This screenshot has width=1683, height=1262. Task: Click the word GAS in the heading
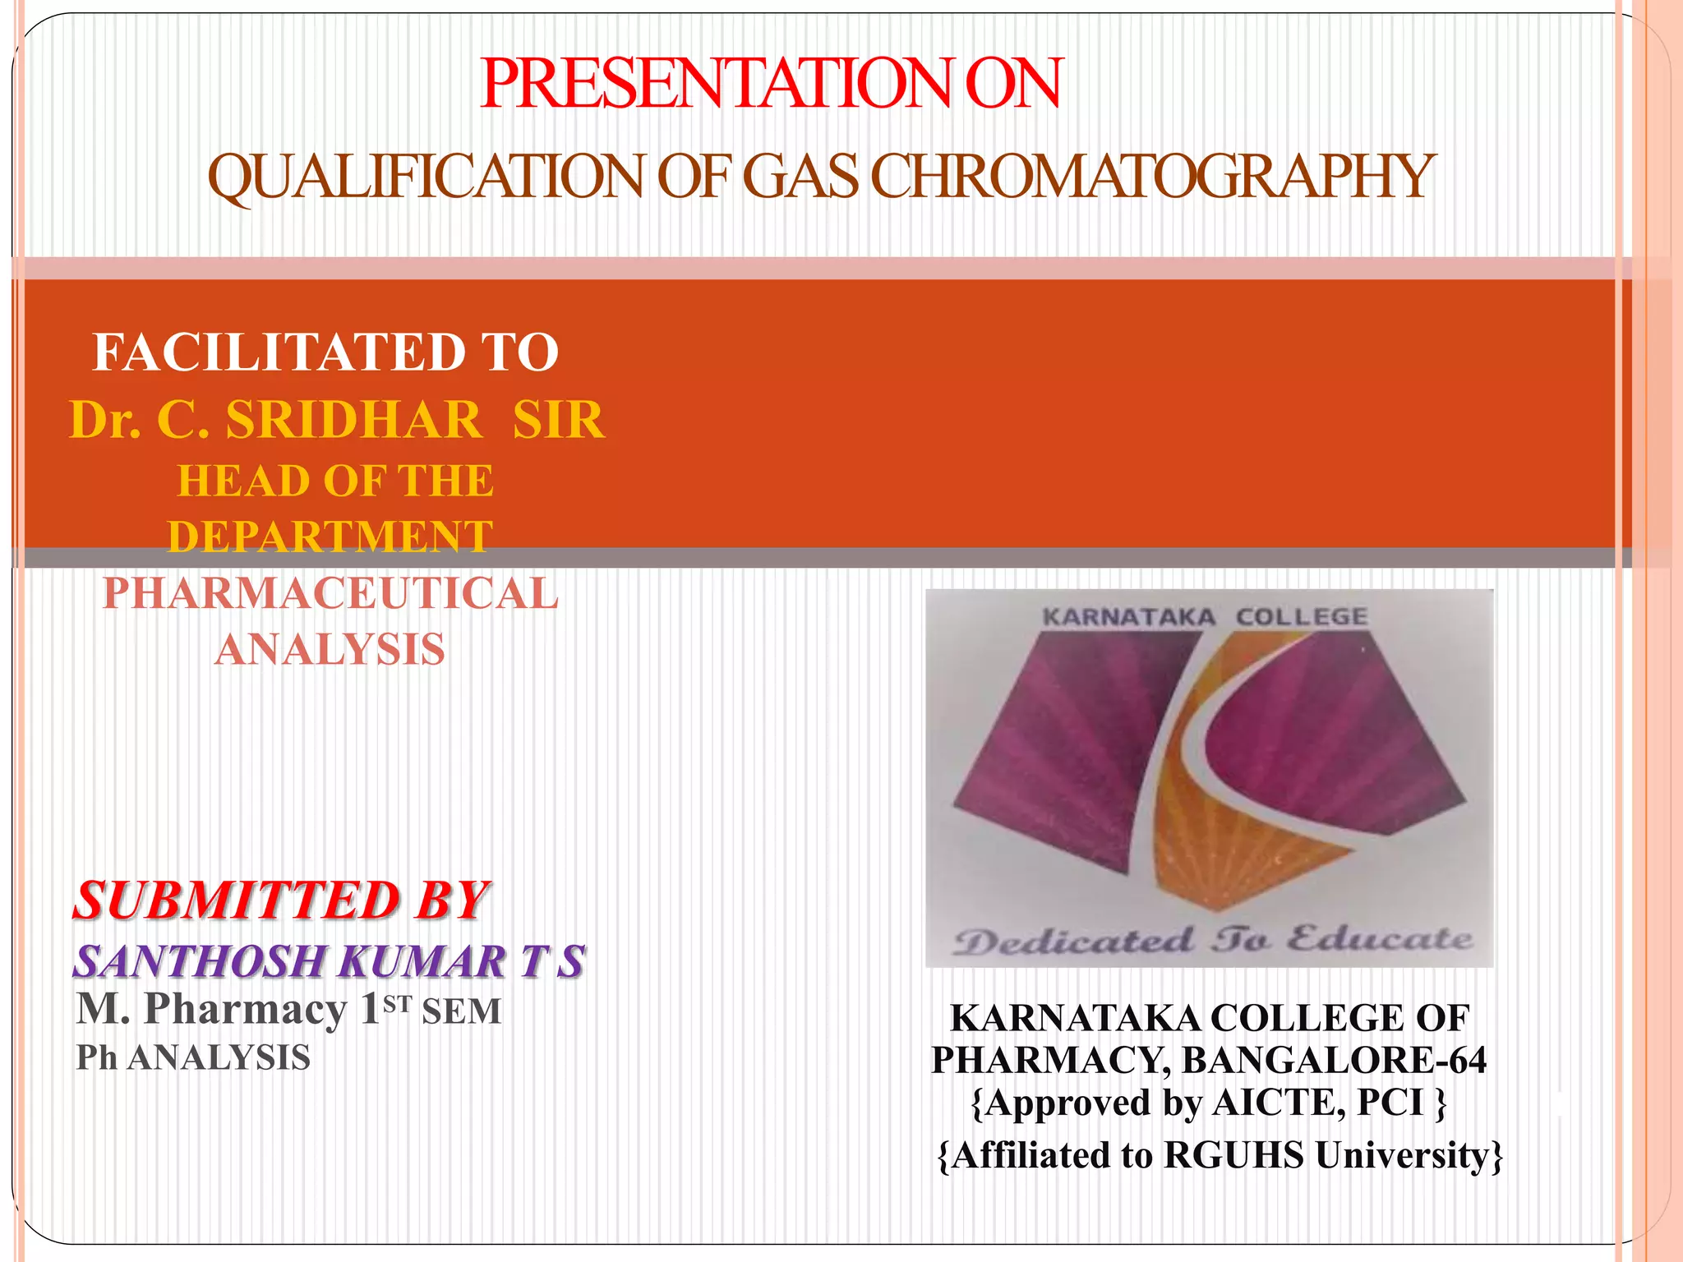tap(800, 177)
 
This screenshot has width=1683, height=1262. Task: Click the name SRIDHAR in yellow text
tap(354, 420)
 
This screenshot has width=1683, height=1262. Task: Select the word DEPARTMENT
tap(330, 537)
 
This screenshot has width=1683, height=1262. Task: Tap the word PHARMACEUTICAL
tap(330, 593)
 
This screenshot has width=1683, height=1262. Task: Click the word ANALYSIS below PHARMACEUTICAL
tap(330, 649)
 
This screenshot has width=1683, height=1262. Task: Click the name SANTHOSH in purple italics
tap(200, 961)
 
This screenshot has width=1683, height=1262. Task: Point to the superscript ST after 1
tap(397, 1004)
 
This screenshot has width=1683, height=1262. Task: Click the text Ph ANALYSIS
tap(193, 1057)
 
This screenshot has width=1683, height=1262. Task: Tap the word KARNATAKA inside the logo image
tap(1128, 617)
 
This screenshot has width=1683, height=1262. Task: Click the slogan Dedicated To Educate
tap(1212, 940)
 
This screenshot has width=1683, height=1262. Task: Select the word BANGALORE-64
tap(1334, 1060)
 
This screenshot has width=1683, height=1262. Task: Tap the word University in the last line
tap(1406, 1155)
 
